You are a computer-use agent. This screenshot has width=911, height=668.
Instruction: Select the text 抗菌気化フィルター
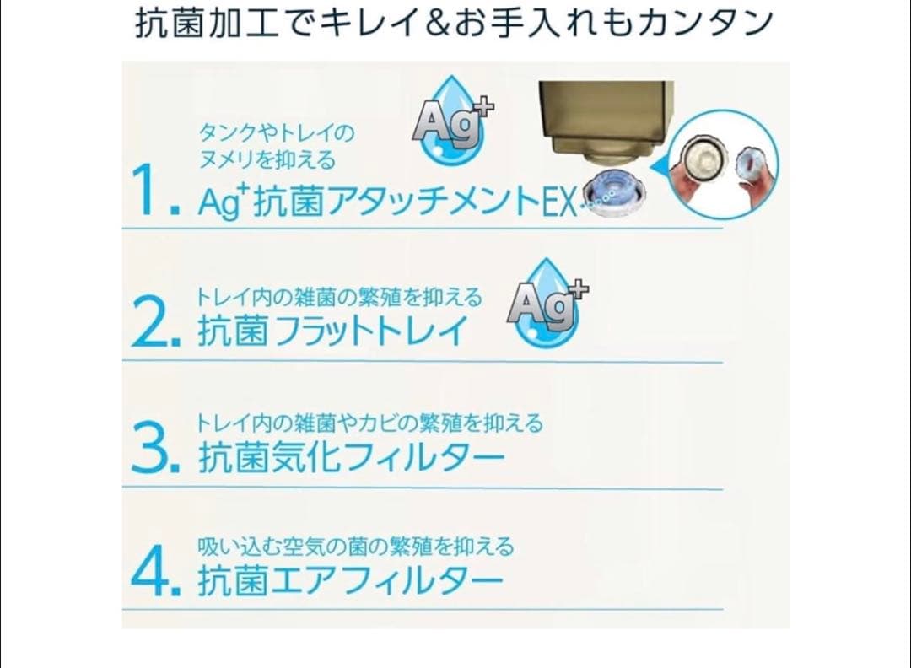click(352, 458)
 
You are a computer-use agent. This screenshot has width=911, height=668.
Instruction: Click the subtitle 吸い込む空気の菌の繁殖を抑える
click(355, 547)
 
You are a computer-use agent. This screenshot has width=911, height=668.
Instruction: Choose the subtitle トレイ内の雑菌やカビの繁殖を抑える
click(369, 423)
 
